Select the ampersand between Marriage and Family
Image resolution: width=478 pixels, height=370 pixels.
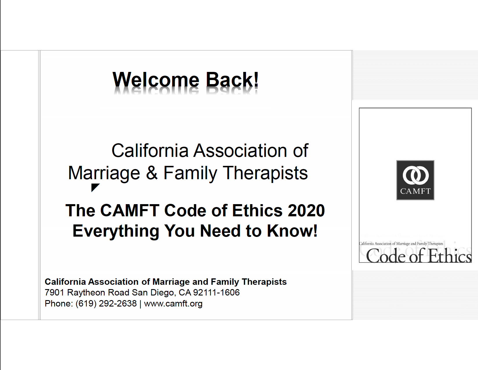pos(152,173)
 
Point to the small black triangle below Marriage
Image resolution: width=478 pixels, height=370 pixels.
pos(95,187)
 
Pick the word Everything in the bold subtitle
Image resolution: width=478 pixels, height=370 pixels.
pos(116,231)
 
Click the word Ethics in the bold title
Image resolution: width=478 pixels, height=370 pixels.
pos(257,211)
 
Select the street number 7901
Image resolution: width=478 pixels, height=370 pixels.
pos(54,293)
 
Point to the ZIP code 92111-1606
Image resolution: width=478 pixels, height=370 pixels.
pos(216,293)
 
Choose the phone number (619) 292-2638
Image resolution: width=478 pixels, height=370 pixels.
pos(106,304)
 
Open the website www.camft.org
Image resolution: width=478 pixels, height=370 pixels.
pos(173,304)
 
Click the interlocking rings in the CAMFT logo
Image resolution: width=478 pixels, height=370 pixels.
pos(415,175)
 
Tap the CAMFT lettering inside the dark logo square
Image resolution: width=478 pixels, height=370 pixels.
pos(415,191)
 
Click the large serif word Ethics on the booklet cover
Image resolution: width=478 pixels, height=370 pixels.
pos(450,256)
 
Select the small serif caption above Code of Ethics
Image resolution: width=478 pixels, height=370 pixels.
pos(401,244)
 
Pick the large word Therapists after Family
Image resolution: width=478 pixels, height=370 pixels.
pos(265,173)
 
